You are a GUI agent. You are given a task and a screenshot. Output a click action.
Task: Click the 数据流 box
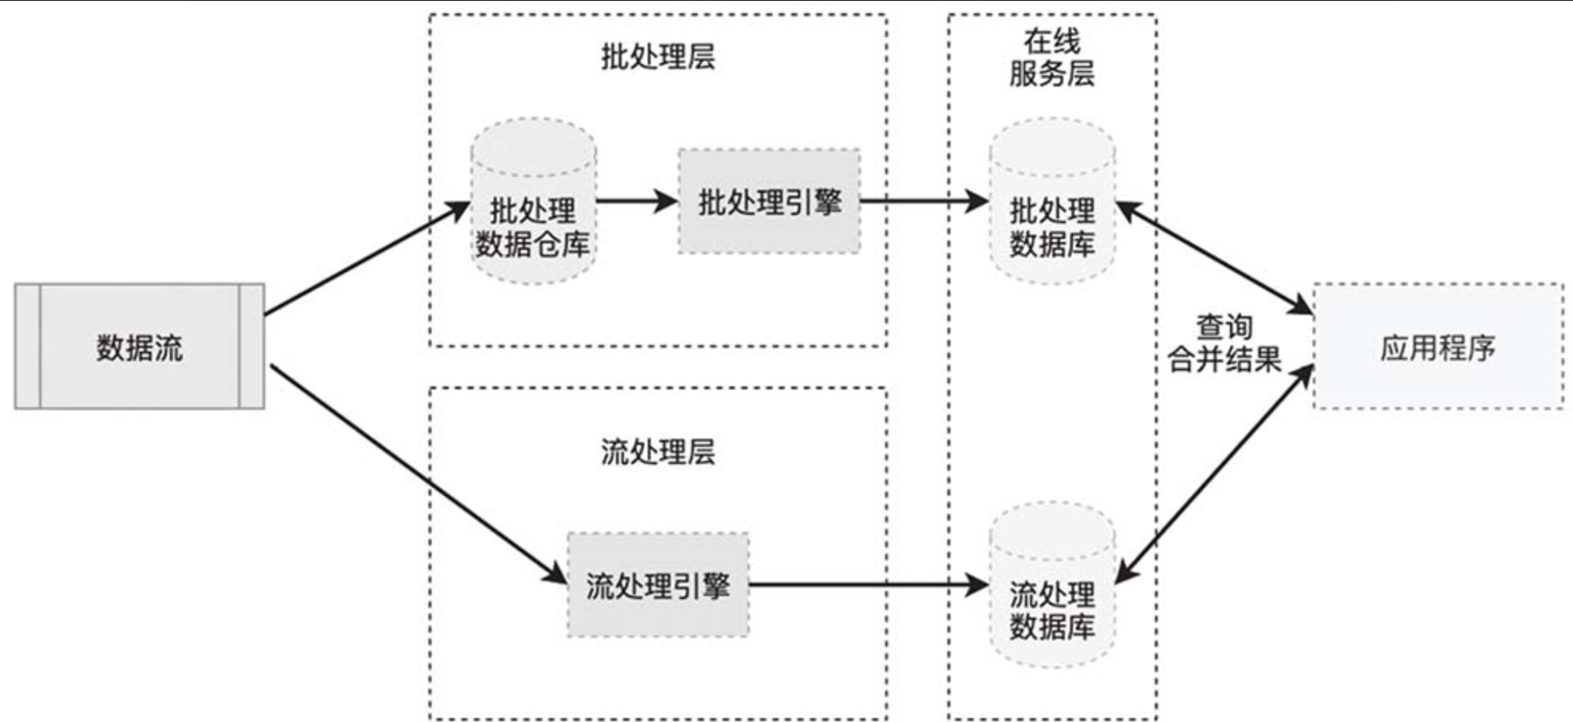tap(140, 347)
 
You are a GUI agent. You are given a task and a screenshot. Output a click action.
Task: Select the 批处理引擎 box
tap(769, 202)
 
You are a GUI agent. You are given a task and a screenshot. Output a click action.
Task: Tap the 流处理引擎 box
tap(658, 585)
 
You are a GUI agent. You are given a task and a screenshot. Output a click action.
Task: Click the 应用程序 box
tap(1437, 347)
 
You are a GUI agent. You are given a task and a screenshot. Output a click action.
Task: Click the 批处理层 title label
tap(658, 56)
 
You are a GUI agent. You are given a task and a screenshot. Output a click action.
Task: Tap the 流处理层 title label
tap(658, 452)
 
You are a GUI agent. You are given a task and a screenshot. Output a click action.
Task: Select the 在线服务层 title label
tap(1052, 57)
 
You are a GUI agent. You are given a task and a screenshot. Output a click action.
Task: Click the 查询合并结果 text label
tap(1224, 344)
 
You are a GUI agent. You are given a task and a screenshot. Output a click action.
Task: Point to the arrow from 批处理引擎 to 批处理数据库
tap(924, 201)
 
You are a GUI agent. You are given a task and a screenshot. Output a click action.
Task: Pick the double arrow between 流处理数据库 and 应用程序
tap(1214, 474)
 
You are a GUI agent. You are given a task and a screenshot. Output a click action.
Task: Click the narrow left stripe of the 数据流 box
tap(28, 347)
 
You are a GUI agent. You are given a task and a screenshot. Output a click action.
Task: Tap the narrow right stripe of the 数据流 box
tap(252, 347)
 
